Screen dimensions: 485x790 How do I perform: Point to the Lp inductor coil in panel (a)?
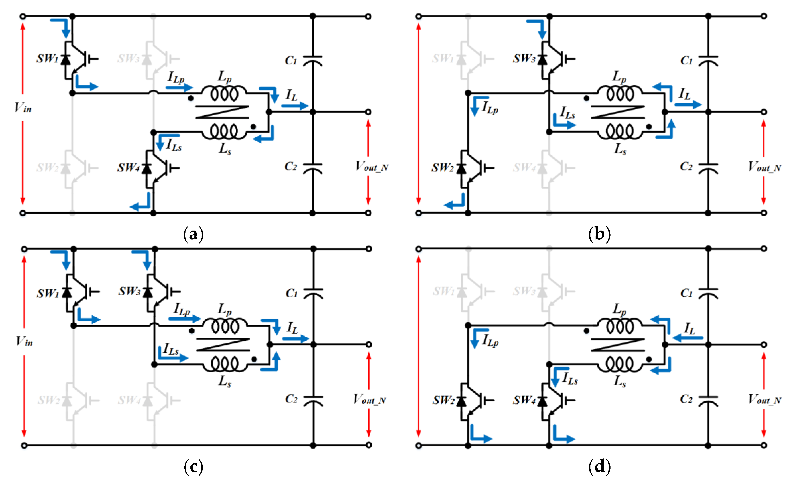click(x=224, y=94)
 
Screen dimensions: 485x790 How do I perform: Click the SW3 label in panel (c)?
click(x=129, y=292)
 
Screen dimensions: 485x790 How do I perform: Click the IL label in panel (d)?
click(x=689, y=329)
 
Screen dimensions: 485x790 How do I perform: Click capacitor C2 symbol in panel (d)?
click(x=708, y=401)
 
